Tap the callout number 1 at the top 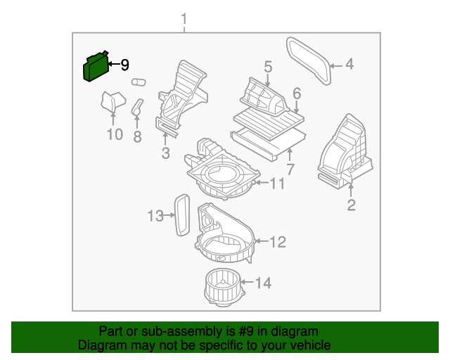185,18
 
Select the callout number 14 263,283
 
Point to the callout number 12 278,242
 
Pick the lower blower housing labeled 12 224,236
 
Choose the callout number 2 351,205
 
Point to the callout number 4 349,66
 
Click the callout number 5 268,67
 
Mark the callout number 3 165,153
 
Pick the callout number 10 114,134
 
